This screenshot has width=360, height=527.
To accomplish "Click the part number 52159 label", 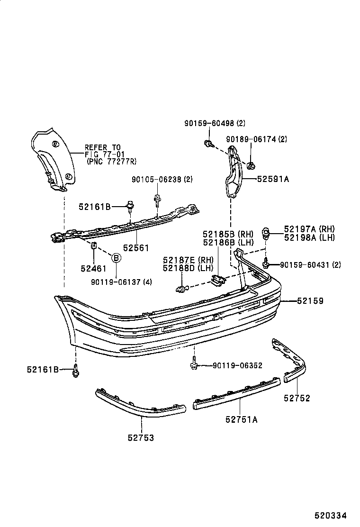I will (x=310, y=301).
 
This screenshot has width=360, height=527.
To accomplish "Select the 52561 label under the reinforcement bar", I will (x=136, y=248).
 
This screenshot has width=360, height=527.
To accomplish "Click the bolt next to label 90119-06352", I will (x=194, y=365).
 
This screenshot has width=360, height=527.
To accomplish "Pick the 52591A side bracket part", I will (x=233, y=173).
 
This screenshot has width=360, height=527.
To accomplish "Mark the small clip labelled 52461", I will (x=93, y=246).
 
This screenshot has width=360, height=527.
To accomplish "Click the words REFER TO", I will (x=103, y=147).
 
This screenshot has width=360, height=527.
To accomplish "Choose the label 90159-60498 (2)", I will (x=215, y=123).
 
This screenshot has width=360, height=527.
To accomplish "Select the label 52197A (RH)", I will (x=309, y=229).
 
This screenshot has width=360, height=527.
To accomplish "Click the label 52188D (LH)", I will (x=188, y=268).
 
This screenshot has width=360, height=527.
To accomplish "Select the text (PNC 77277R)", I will (x=111, y=162).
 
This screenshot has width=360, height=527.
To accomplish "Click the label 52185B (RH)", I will (x=228, y=234).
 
